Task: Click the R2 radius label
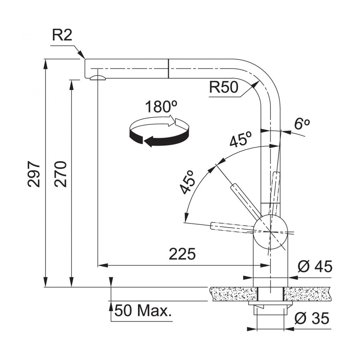[x=62, y=35]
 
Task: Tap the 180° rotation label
[x=161, y=106]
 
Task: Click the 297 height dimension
[x=34, y=174]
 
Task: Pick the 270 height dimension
[x=61, y=174]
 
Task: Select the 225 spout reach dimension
[x=182, y=254]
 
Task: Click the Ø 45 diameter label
[x=315, y=266]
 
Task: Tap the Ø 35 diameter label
[x=312, y=318]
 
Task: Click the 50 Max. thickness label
[x=143, y=310]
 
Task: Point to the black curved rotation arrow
[x=158, y=137]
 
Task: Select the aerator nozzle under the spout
[x=98, y=78]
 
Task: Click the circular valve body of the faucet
[x=270, y=232]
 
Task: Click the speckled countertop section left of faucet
[x=234, y=294]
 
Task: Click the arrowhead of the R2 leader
[x=82, y=55]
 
